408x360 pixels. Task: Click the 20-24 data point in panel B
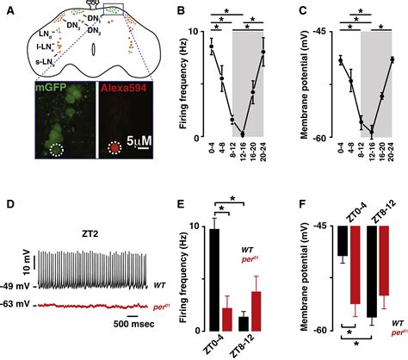(x=264, y=52)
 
